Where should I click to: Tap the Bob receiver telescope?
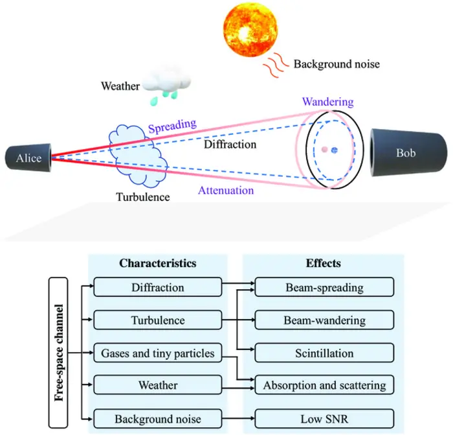click(x=407, y=154)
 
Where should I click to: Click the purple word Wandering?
click(x=327, y=102)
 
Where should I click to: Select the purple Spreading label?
click(x=172, y=125)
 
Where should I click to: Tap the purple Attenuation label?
click(x=226, y=191)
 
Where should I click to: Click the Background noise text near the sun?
click(x=336, y=64)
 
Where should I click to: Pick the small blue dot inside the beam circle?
click(x=335, y=150)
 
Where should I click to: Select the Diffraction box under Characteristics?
click(x=157, y=287)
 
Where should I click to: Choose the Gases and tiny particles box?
click(x=157, y=353)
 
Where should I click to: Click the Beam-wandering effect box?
click(x=324, y=320)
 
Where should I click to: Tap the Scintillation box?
click(x=324, y=353)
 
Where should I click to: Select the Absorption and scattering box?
click(x=324, y=386)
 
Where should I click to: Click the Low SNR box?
click(x=324, y=419)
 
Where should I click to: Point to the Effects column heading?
click(x=324, y=264)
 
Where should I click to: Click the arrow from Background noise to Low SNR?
click(x=238, y=419)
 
